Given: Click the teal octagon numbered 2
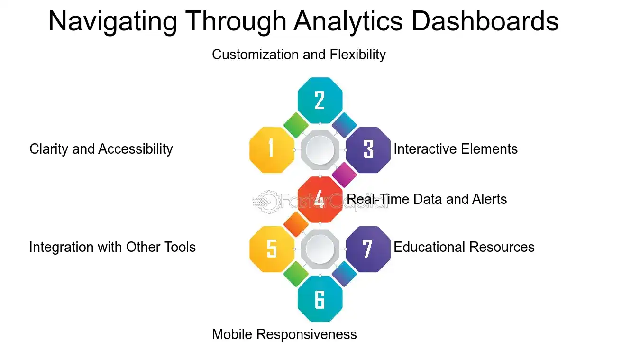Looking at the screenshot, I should click(x=320, y=100).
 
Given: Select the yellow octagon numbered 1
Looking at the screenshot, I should click(x=272, y=149).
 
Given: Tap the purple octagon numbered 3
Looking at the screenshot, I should click(x=368, y=149).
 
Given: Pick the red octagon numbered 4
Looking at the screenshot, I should click(x=320, y=199).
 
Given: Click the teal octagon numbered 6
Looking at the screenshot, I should click(x=320, y=299).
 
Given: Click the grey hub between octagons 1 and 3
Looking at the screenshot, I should click(x=320, y=150).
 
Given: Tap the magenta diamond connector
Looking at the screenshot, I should click(x=344, y=175).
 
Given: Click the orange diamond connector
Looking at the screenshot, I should click(x=296, y=224).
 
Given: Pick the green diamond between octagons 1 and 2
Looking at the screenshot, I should click(x=296, y=125).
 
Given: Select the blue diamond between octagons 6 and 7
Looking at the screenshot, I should click(x=344, y=274).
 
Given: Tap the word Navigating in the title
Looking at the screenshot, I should click(x=113, y=21).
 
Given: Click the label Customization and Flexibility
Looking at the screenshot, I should click(x=299, y=55).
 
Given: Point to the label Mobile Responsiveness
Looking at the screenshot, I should click(x=284, y=334).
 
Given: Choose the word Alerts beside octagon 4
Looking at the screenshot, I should click(x=489, y=199).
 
